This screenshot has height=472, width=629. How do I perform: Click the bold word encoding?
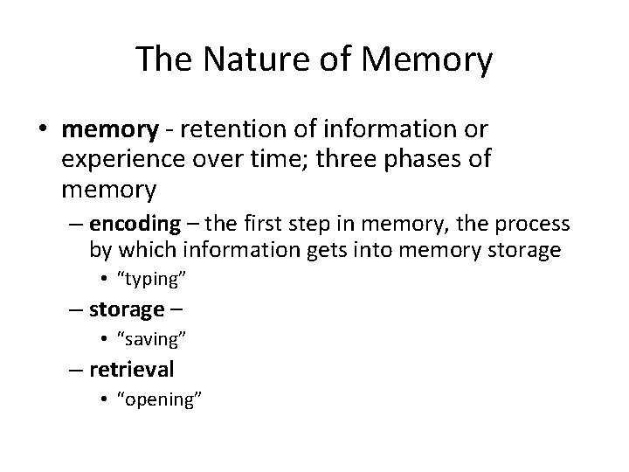tap(135, 224)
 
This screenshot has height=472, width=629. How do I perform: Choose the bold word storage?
tap(128, 309)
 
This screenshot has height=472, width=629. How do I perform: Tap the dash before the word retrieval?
tap(76, 370)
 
